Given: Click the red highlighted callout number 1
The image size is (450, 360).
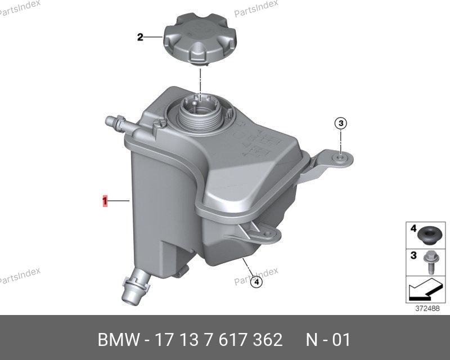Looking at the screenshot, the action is click(x=105, y=201).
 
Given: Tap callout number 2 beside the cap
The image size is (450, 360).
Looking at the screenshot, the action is click(x=140, y=37).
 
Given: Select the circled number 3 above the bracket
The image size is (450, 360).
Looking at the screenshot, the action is click(x=341, y=123).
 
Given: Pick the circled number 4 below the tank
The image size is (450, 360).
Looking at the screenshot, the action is click(x=256, y=282).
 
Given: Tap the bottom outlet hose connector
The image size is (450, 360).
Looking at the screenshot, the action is click(x=137, y=286).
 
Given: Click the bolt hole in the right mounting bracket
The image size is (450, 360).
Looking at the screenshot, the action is click(x=340, y=158).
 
